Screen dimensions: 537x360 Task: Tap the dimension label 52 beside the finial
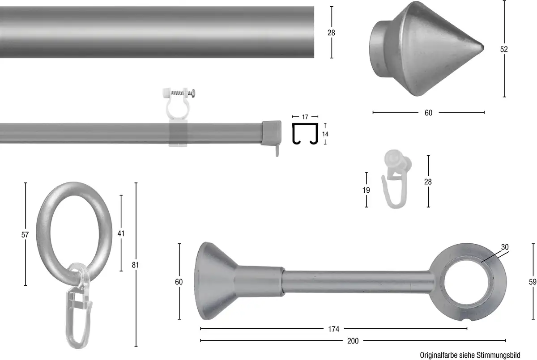click(x=504, y=49)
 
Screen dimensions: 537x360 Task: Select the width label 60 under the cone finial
click(x=428, y=113)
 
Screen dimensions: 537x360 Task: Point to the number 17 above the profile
click(x=305, y=117)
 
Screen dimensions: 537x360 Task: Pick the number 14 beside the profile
click(x=325, y=134)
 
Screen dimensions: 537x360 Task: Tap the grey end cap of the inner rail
click(x=271, y=133)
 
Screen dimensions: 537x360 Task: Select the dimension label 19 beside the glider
click(x=366, y=190)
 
